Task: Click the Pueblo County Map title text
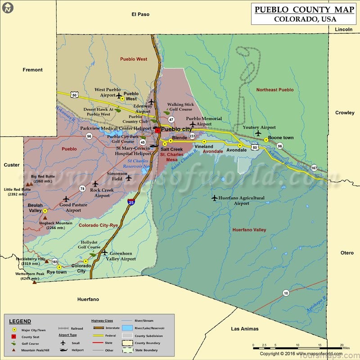(304, 9)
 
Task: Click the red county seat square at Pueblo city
(157, 130)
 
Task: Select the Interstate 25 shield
(130, 202)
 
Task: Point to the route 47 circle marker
(171, 120)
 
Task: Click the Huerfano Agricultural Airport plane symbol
(215, 198)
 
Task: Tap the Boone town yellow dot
(266, 140)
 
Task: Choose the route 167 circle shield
(314, 168)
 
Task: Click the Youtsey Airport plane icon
(258, 133)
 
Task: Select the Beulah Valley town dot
(45, 211)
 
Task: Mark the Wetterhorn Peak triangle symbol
(34, 283)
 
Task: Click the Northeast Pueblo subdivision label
(275, 90)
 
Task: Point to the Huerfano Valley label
(249, 230)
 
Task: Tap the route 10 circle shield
(286, 293)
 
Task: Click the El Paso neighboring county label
(140, 14)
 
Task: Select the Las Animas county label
(245, 329)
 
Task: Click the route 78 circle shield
(82, 189)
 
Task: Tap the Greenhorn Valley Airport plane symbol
(104, 252)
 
